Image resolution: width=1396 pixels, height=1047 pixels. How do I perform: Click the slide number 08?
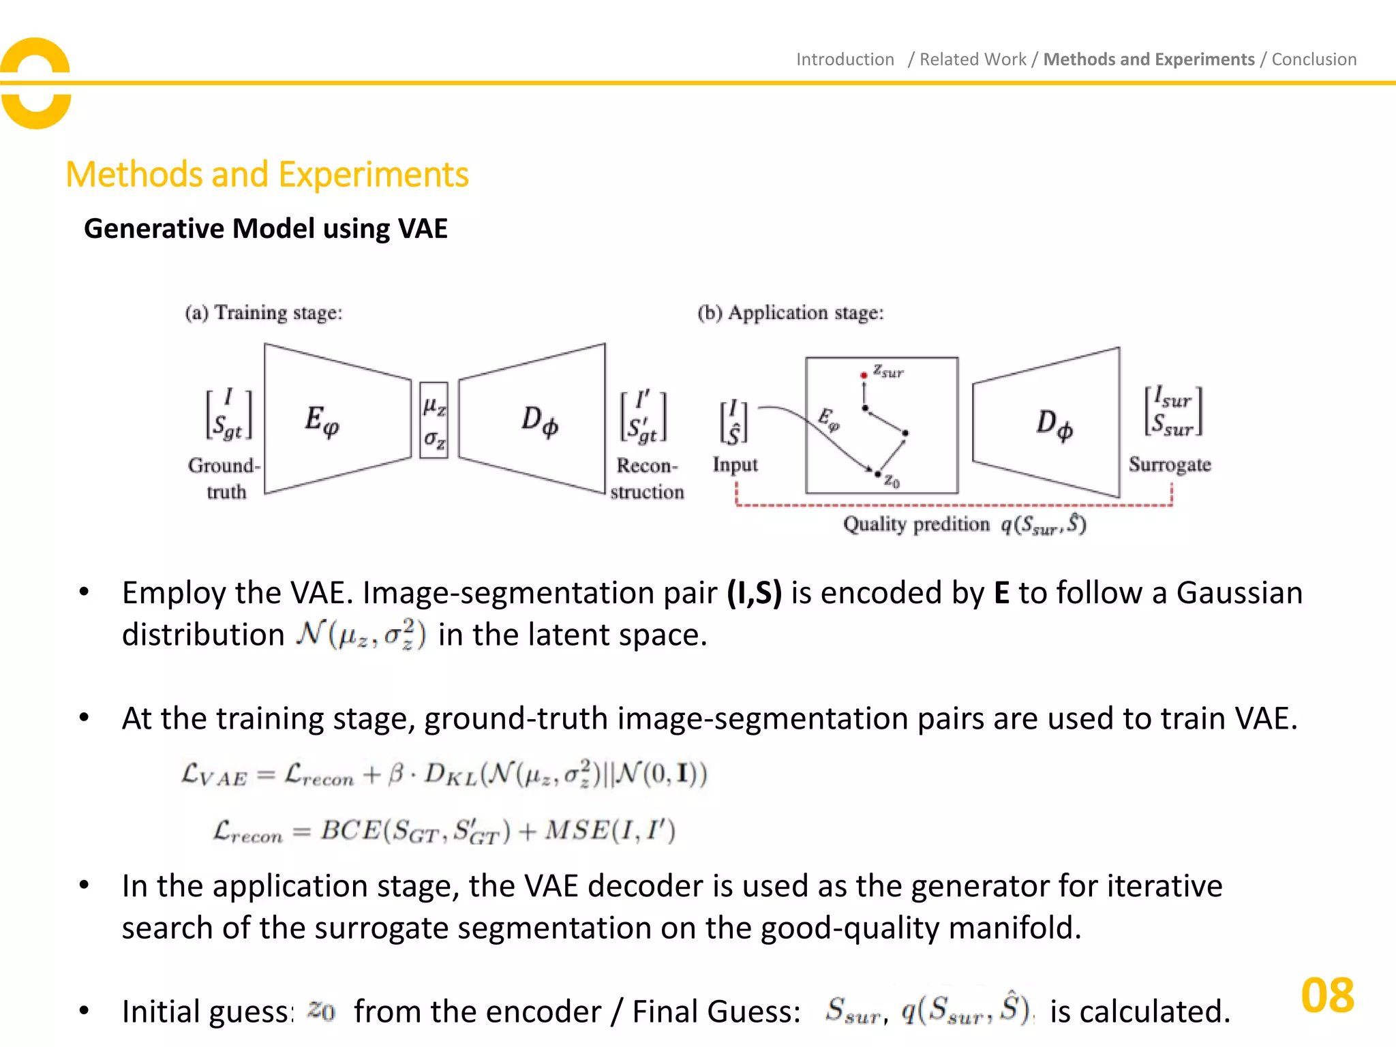pyautogui.click(x=1326, y=996)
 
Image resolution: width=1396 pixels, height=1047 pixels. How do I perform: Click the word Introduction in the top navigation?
pyautogui.click(x=845, y=60)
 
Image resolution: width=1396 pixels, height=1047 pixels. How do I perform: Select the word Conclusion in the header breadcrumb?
pyautogui.click(x=1314, y=60)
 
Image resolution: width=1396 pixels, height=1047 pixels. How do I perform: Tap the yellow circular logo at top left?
pyautogui.click(x=35, y=83)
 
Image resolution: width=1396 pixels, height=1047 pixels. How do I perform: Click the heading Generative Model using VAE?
pyautogui.click(x=265, y=228)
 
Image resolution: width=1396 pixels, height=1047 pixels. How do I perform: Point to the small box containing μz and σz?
pyautogui.click(x=434, y=421)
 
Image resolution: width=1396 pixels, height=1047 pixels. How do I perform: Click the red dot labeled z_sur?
pyautogui.click(x=864, y=375)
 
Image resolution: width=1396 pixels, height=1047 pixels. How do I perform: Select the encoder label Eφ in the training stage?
pyautogui.click(x=322, y=421)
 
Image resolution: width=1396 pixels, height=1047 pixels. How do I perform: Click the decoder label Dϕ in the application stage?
pyautogui.click(x=1054, y=424)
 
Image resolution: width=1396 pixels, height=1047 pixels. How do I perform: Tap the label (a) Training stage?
pyautogui.click(x=264, y=313)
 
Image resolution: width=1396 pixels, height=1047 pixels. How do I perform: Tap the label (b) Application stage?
pyautogui.click(x=790, y=313)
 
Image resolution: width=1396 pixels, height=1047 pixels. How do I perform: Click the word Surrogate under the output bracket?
pyautogui.click(x=1170, y=465)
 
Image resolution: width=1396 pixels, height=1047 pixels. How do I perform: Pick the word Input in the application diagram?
pyautogui.click(x=735, y=465)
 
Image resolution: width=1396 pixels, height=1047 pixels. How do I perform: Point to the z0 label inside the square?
pyautogui.click(x=892, y=482)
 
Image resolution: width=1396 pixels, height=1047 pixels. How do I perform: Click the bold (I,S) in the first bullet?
pyautogui.click(x=754, y=593)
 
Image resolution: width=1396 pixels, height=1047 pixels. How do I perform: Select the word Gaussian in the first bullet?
pyautogui.click(x=1239, y=593)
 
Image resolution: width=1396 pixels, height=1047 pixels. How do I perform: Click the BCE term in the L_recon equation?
pyautogui.click(x=350, y=831)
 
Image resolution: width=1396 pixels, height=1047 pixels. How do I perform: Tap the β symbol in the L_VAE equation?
pyautogui.click(x=395, y=775)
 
